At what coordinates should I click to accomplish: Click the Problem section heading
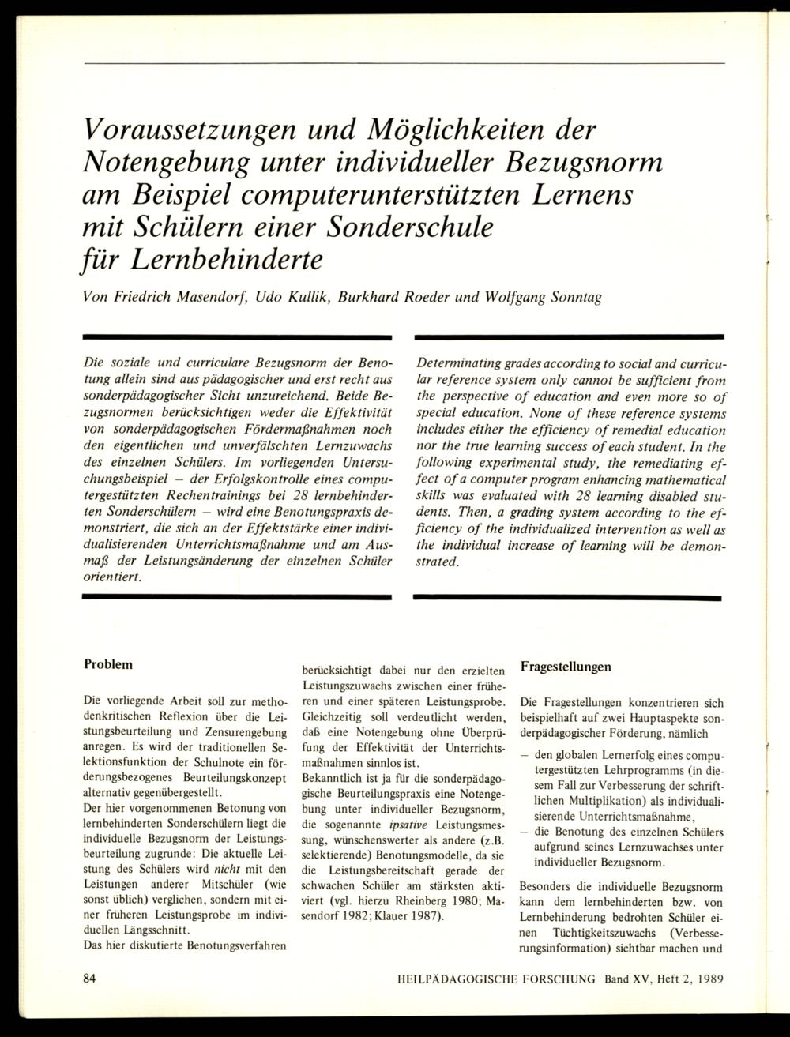tap(108, 664)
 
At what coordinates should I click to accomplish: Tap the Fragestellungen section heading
tap(566, 667)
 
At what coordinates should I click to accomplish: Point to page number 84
tap(89, 979)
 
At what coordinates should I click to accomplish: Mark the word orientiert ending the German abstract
tap(113, 577)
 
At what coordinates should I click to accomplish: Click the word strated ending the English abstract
tap(438, 562)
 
